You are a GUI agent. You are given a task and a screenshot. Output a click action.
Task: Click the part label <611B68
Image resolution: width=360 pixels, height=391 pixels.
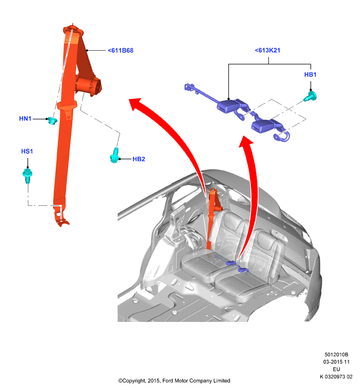121,50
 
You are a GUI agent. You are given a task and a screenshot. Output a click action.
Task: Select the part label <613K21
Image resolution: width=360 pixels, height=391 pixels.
267,50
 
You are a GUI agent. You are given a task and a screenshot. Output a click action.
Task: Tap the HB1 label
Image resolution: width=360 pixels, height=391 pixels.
310,74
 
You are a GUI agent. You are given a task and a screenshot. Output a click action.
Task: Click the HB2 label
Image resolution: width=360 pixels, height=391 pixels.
138,159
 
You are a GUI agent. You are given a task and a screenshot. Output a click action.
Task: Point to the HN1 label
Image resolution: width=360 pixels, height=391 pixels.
25,118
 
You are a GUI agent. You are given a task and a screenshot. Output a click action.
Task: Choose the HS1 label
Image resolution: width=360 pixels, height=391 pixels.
27,151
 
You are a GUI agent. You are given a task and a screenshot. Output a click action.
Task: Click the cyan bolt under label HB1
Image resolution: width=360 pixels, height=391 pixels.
310,96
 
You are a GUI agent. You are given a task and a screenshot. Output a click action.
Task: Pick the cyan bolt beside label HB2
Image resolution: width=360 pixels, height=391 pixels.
114,155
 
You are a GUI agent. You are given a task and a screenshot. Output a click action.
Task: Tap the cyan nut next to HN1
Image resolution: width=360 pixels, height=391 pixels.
52,121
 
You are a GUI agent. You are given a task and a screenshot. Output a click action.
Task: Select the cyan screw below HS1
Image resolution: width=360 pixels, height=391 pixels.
27,175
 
